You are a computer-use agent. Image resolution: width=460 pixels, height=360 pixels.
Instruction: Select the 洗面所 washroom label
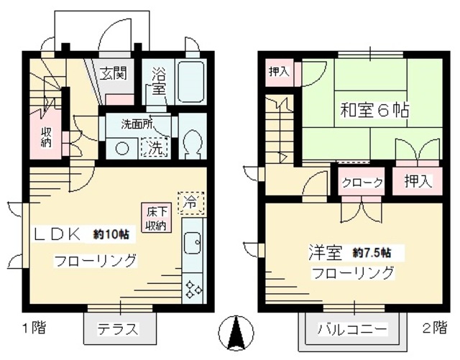[136, 124]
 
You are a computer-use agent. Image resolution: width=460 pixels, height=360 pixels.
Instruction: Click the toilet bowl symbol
[192, 144]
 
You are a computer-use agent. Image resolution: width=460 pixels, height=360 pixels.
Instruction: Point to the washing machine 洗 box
[155, 147]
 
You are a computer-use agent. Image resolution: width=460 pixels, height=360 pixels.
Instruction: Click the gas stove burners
[193, 289]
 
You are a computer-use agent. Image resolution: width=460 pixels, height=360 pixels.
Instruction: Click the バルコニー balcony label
[352, 331]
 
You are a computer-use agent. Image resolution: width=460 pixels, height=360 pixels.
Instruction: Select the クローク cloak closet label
[362, 182]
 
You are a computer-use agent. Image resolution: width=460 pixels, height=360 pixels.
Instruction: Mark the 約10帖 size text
[111, 235]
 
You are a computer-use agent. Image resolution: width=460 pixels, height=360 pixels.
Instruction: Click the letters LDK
[60, 235]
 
